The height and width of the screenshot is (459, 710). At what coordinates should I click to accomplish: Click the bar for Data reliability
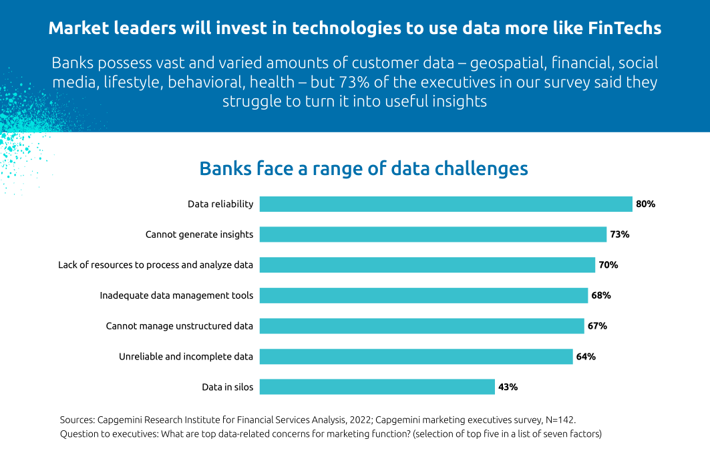coord(446,204)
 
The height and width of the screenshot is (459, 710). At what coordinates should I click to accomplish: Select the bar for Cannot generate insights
coord(433,235)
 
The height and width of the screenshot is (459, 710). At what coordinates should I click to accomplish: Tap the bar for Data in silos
coord(377,387)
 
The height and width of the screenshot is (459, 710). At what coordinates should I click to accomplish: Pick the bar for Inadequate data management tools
coord(423,295)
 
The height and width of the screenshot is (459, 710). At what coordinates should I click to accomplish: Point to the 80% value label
coord(645,204)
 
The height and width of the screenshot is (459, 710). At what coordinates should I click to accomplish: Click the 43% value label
coord(508,387)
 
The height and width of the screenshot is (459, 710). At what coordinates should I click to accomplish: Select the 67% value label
coord(597,326)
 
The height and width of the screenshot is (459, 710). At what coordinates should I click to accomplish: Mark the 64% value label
coord(586,357)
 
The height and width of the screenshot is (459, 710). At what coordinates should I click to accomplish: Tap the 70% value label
coord(608,265)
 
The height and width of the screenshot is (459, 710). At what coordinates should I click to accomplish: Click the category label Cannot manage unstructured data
coord(179,326)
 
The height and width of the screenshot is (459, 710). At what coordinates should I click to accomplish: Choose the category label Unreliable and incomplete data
coord(186,357)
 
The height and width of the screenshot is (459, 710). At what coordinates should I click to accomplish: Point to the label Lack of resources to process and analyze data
coord(156,265)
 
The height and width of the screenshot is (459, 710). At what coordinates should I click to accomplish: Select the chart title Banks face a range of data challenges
coord(363,168)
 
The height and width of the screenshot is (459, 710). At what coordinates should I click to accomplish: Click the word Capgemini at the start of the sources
coord(120,420)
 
